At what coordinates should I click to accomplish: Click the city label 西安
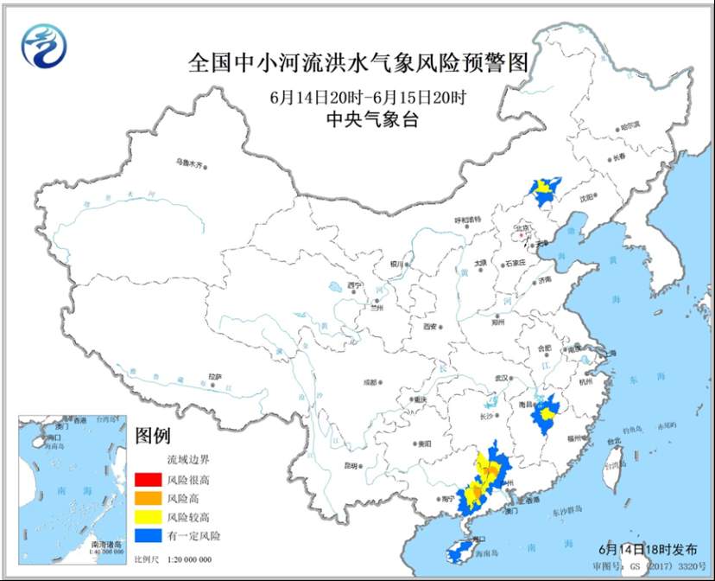pyautogui.click(x=432, y=327)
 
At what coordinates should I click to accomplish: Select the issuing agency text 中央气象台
pyautogui.click(x=357, y=121)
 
